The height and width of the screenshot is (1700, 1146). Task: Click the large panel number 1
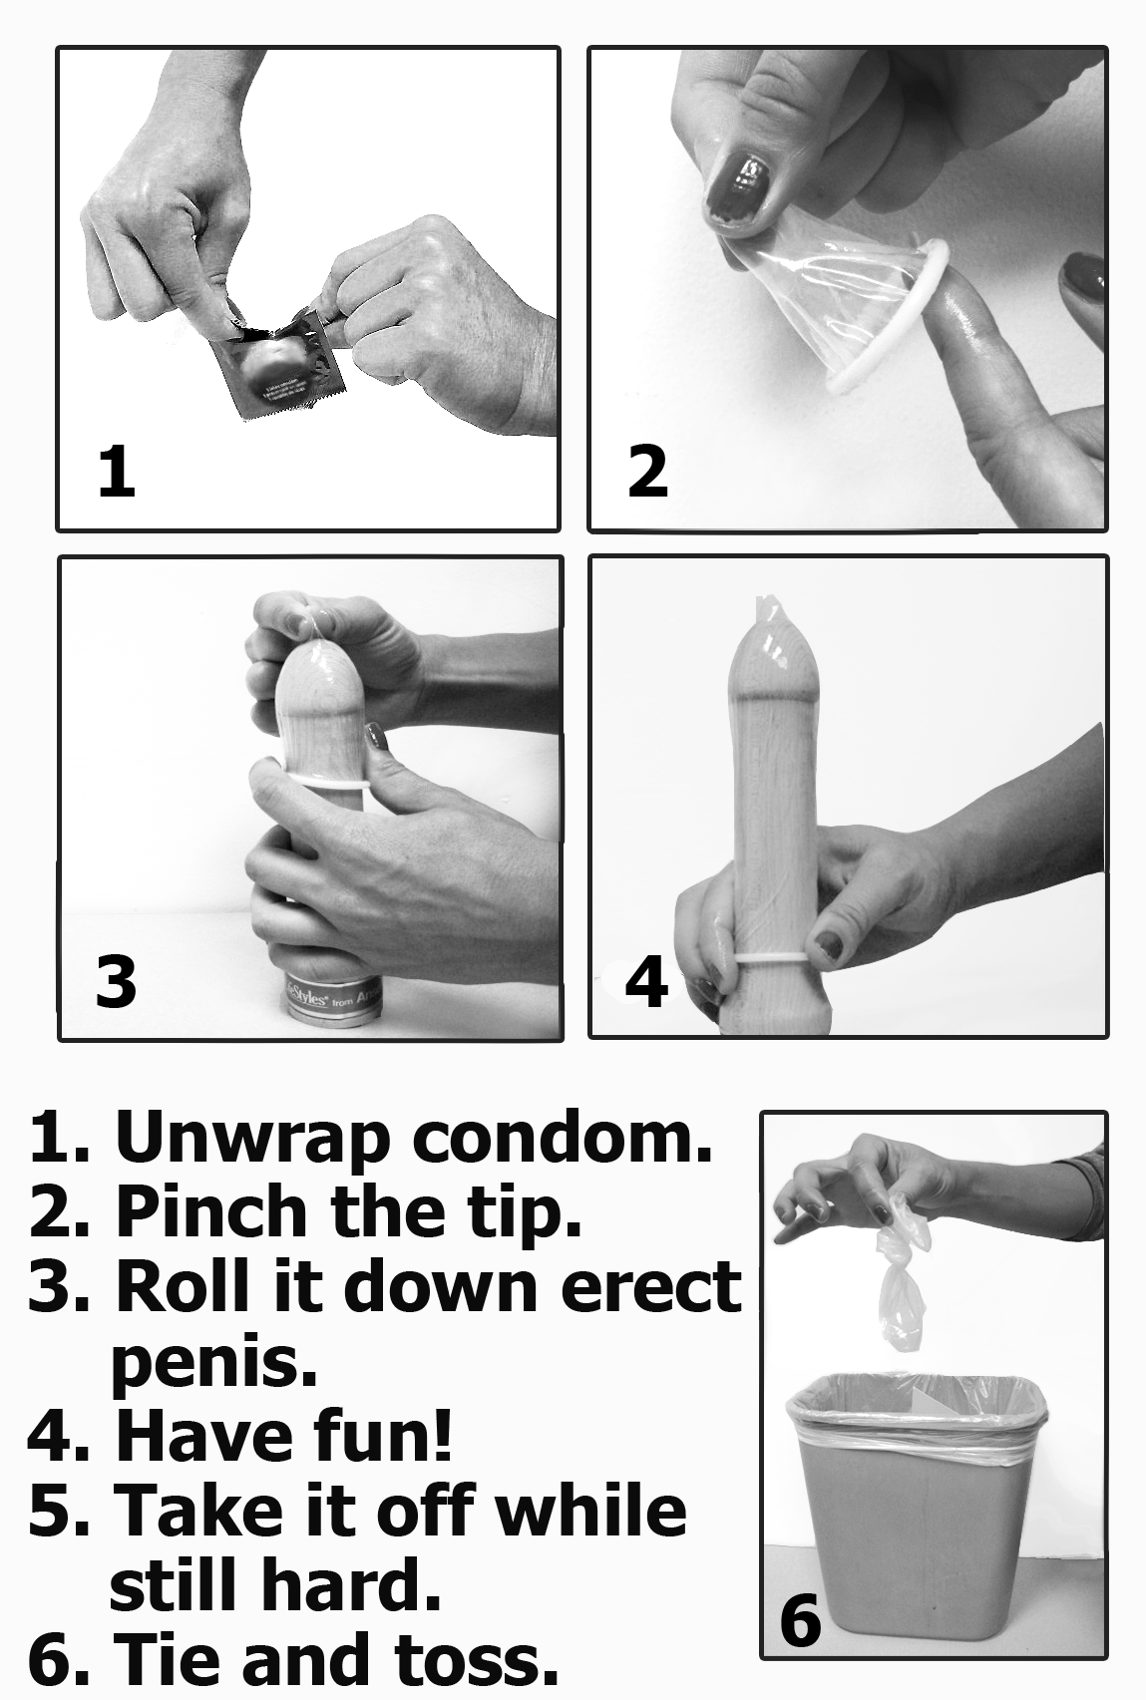click(117, 472)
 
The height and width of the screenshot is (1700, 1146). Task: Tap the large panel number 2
click(648, 472)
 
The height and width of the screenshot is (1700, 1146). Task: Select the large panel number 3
click(116, 981)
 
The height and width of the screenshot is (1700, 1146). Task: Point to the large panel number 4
click(646, 981)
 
